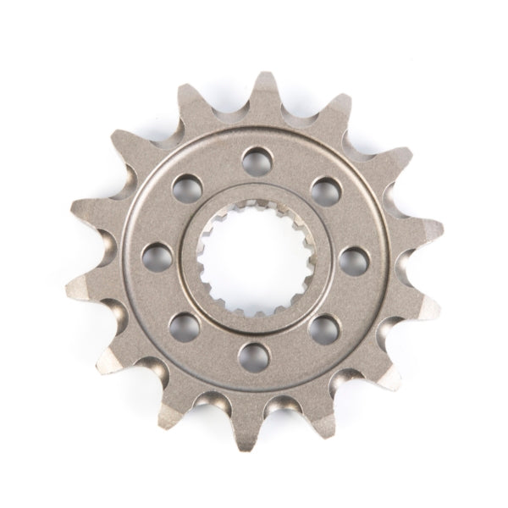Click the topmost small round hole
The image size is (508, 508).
255,160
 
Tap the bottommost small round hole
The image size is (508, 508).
254,356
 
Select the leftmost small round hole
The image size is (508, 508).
157,257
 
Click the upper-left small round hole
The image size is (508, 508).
187,187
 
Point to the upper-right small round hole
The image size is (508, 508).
325,190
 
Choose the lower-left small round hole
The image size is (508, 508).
184,326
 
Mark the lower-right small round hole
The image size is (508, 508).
323,329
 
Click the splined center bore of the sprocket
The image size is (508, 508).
254,258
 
